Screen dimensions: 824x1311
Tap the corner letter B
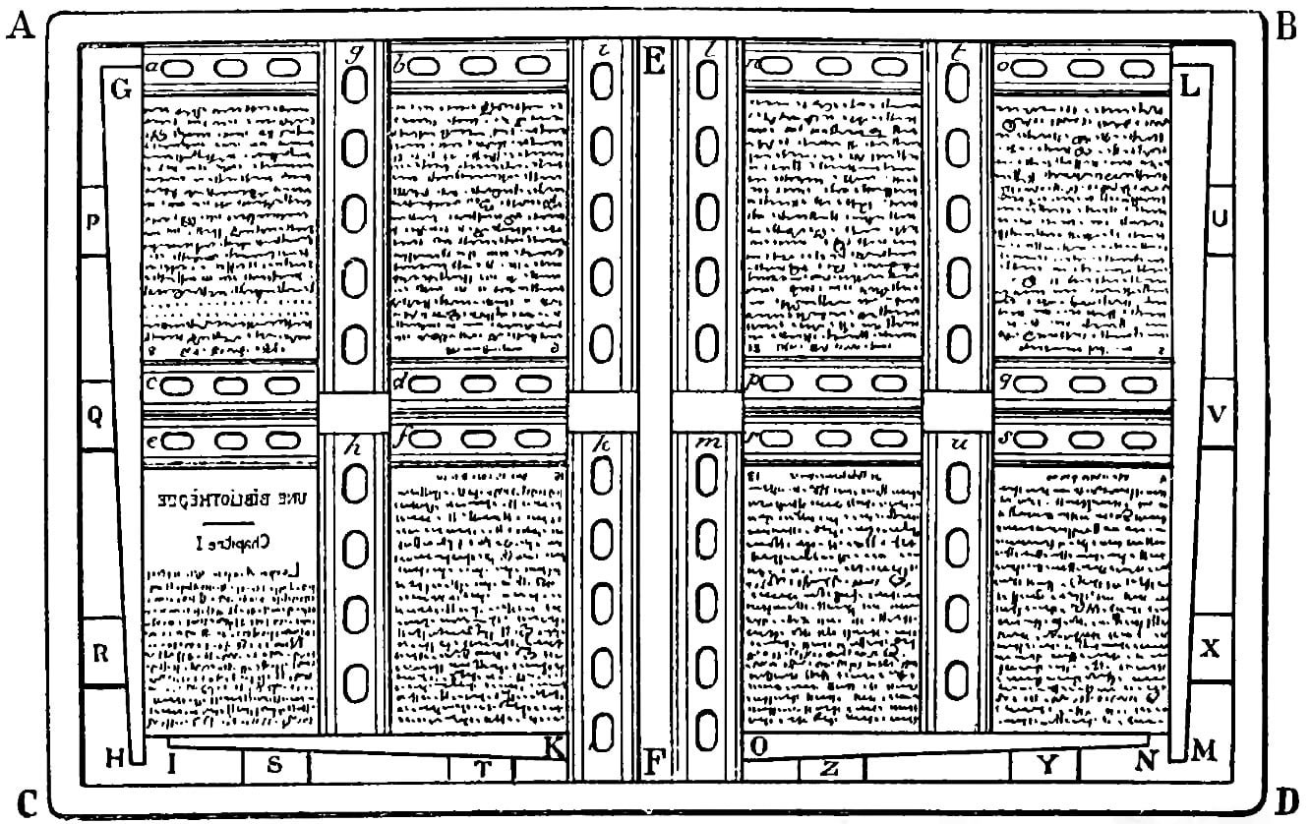click(1286, 28)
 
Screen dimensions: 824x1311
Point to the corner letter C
click(27, 801)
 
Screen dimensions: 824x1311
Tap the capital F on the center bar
click(653, 762)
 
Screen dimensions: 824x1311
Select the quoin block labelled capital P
click(94, 220)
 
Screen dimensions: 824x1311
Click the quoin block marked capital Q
click(94, 416)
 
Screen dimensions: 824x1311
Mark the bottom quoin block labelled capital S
click(275, 767)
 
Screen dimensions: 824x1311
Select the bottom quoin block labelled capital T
click(482, 769)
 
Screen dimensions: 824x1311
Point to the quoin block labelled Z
click(829, 769)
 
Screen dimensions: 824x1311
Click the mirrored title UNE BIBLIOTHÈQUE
click(232, 499)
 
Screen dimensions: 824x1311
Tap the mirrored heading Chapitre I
click(233, 541)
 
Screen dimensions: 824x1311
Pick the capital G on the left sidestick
click(122, 91)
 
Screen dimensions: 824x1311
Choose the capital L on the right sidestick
click(1188, 87)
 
